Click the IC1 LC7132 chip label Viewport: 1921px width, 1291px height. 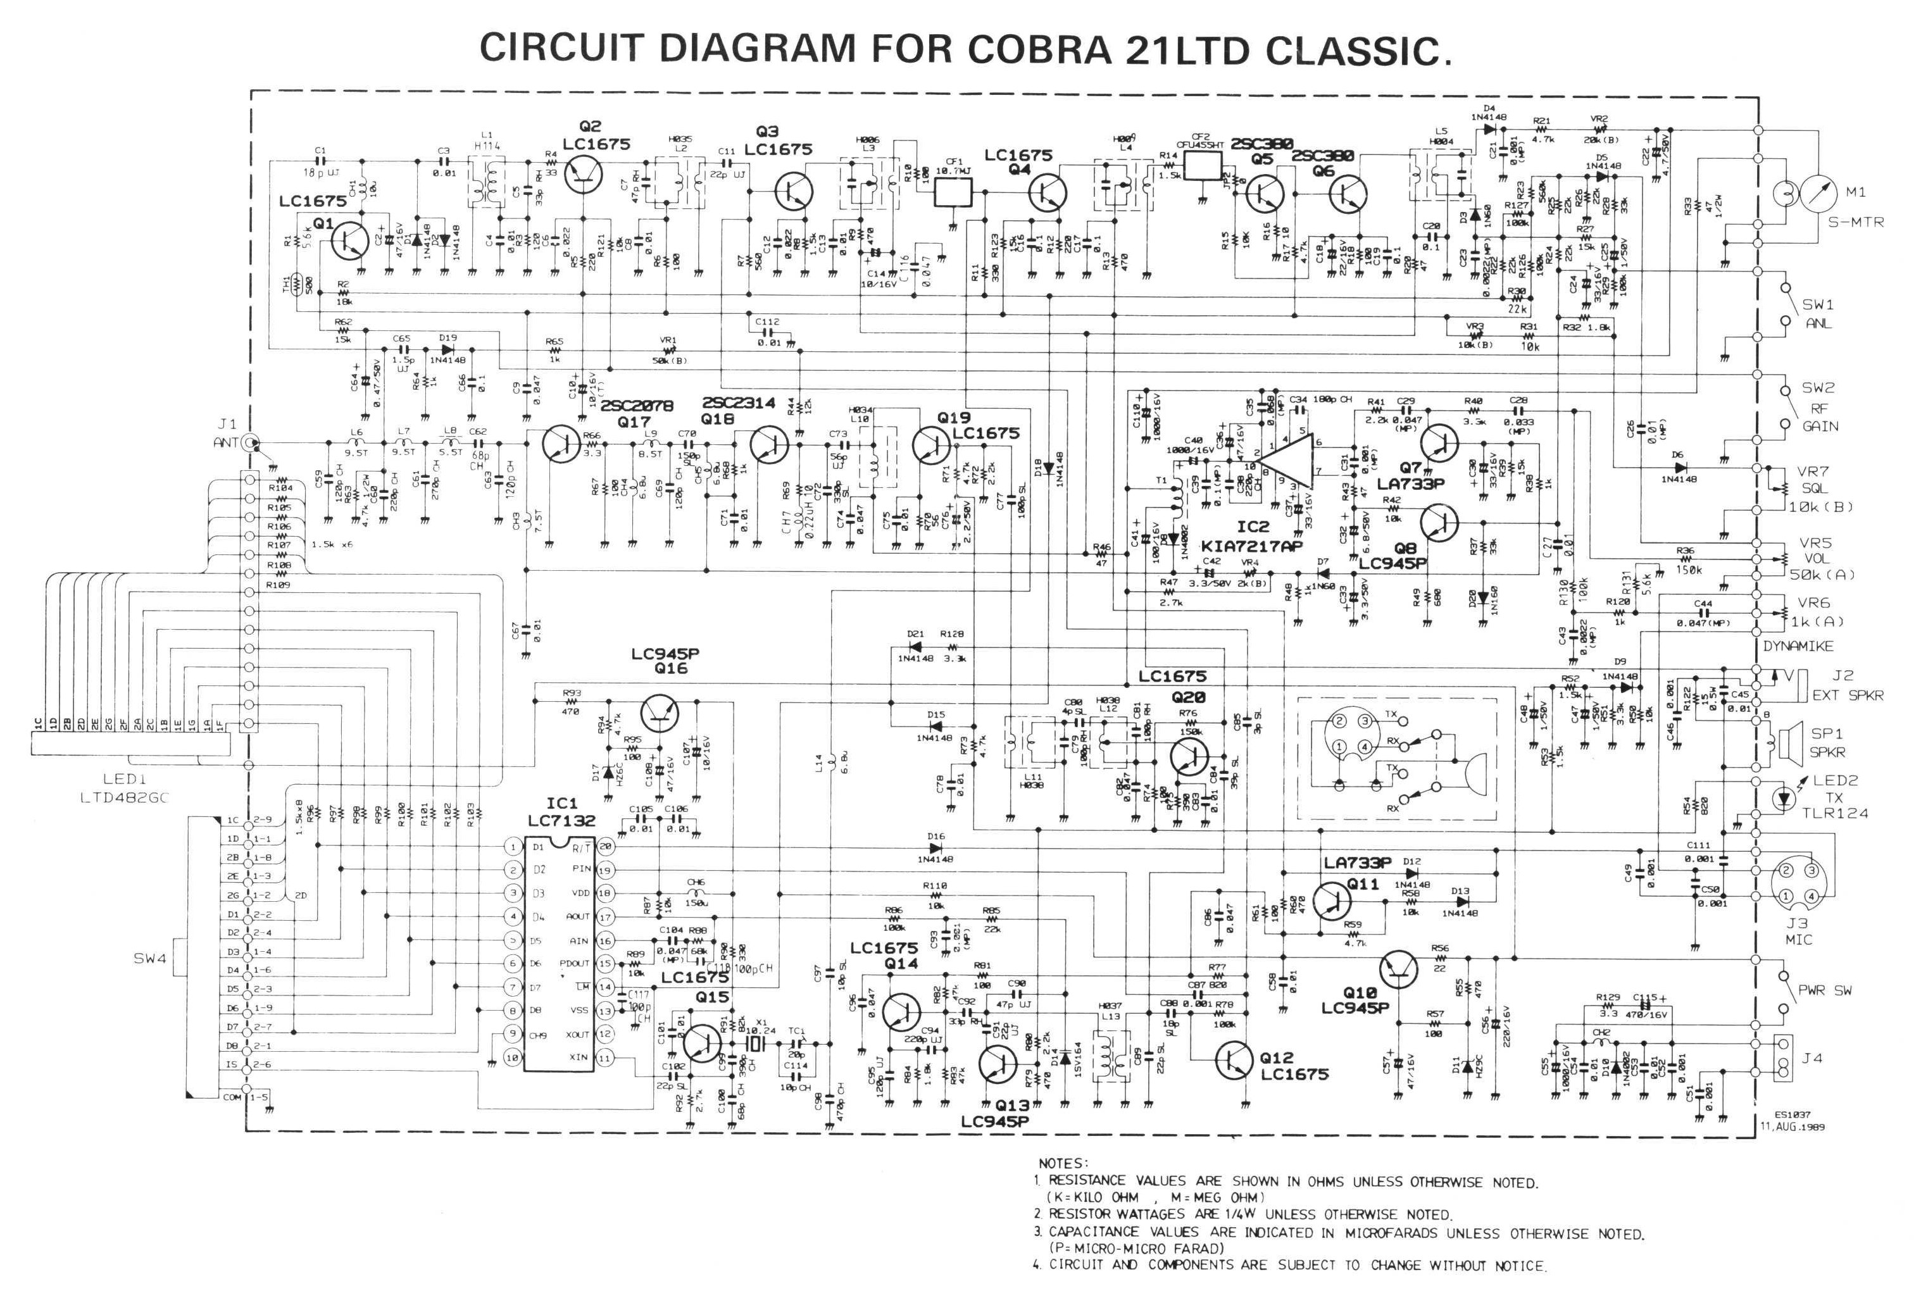[x=561, y=812]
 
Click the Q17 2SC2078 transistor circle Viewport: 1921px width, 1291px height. [x=563, y=444]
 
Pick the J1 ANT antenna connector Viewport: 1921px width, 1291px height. [x=250, y=442]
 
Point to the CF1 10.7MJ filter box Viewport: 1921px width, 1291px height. [x=953, y=192]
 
